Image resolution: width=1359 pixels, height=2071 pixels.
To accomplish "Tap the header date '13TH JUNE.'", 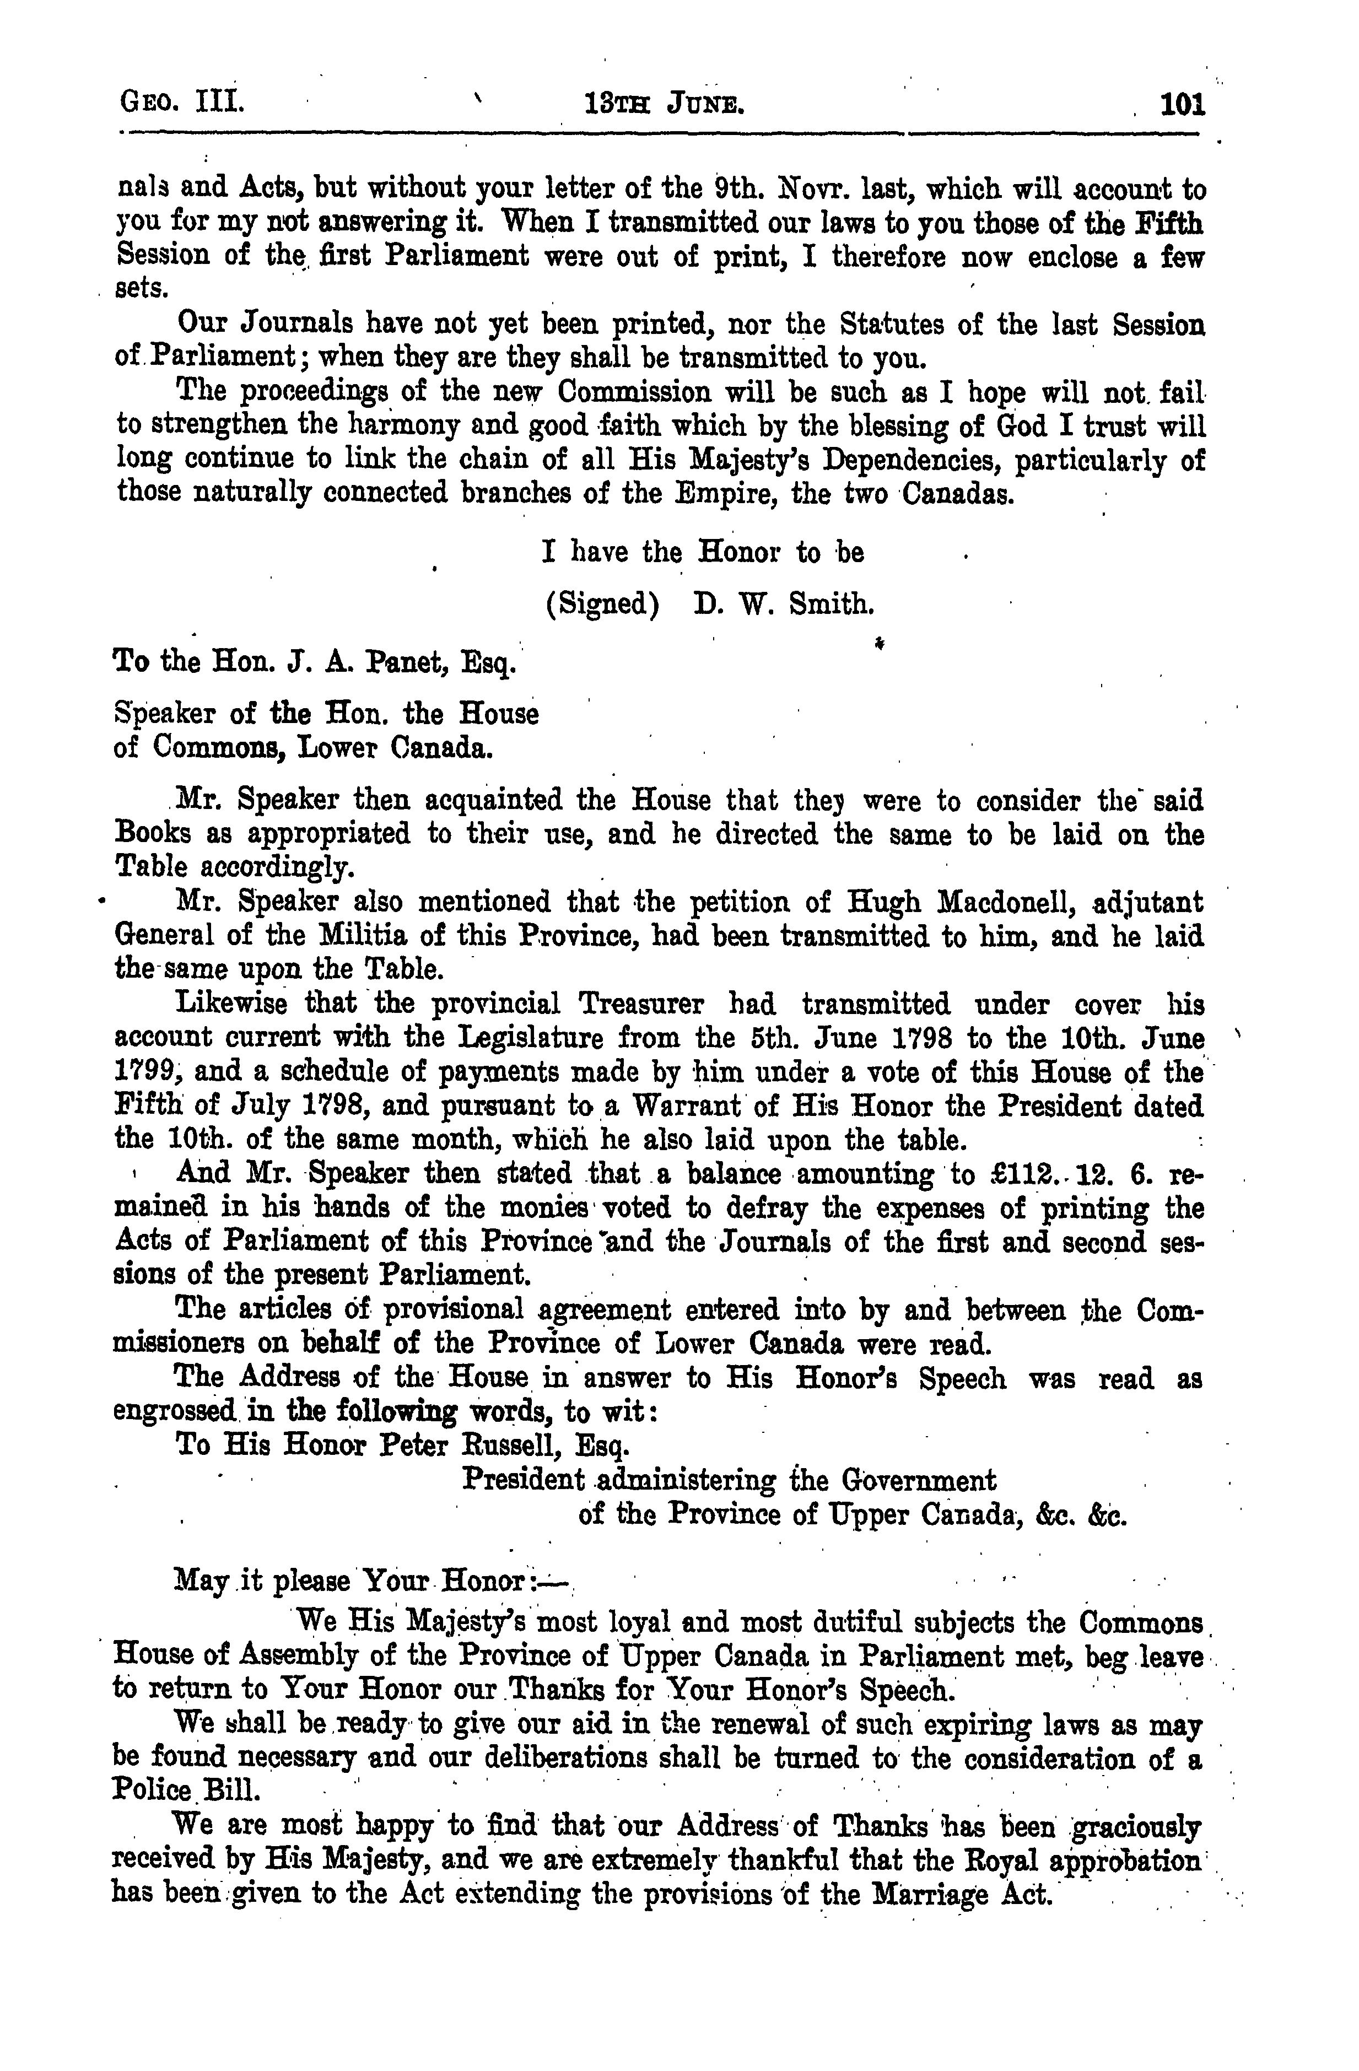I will pyautogui.click(x=666, y=107).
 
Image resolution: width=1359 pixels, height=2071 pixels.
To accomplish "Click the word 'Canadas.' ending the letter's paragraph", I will pyautogui.click(x=959, y=493).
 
